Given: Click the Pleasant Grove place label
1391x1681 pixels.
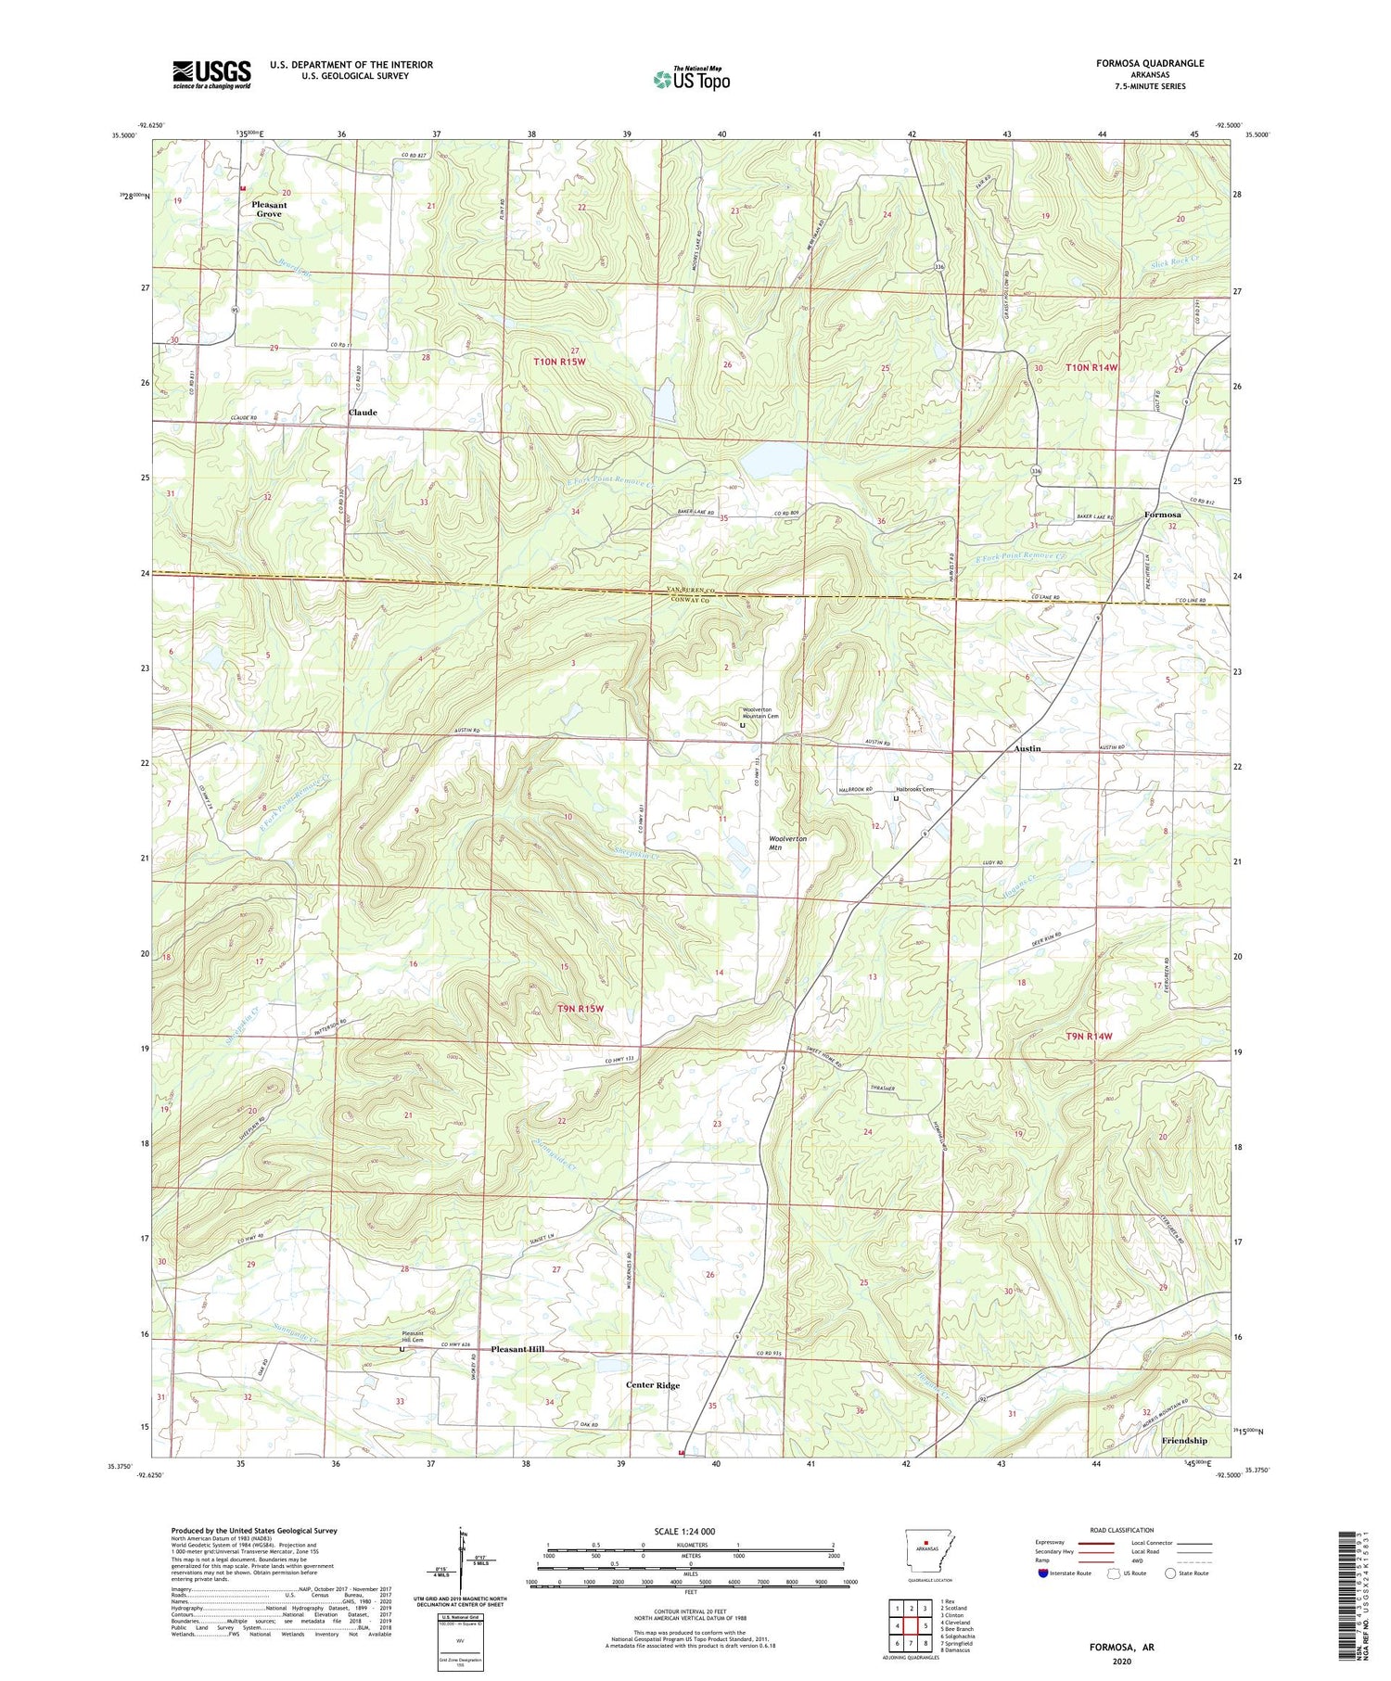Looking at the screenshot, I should click(x=269, y=210).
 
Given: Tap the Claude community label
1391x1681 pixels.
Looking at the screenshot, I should click(x=363, y=412).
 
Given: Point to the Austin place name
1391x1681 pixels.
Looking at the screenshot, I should click(x=1027, y=748).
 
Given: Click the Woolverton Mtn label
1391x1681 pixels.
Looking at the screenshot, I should click(x=787, y=843).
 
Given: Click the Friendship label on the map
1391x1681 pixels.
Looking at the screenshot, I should click(x=1184, y=1441).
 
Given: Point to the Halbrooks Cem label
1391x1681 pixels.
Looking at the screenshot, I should click(x=913, y=789).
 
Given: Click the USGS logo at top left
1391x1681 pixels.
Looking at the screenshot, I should click(x=211, y=74).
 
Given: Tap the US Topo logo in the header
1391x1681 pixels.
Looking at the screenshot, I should click(x=691, y=79).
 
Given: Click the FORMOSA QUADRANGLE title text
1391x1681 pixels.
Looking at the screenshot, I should click(x=1150, y=63).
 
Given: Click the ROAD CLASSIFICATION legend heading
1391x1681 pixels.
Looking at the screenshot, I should click(x=1122, y=1530).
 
